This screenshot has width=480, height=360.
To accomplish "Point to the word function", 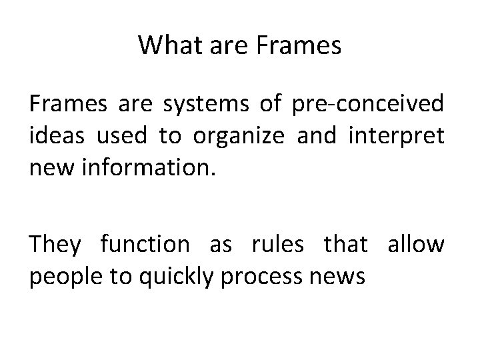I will coord(145,245).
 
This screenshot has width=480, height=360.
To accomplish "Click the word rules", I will coord(277,245).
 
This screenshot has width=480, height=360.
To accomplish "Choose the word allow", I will coord(417,245).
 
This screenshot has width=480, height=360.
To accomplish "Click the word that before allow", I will coord(345,245).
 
